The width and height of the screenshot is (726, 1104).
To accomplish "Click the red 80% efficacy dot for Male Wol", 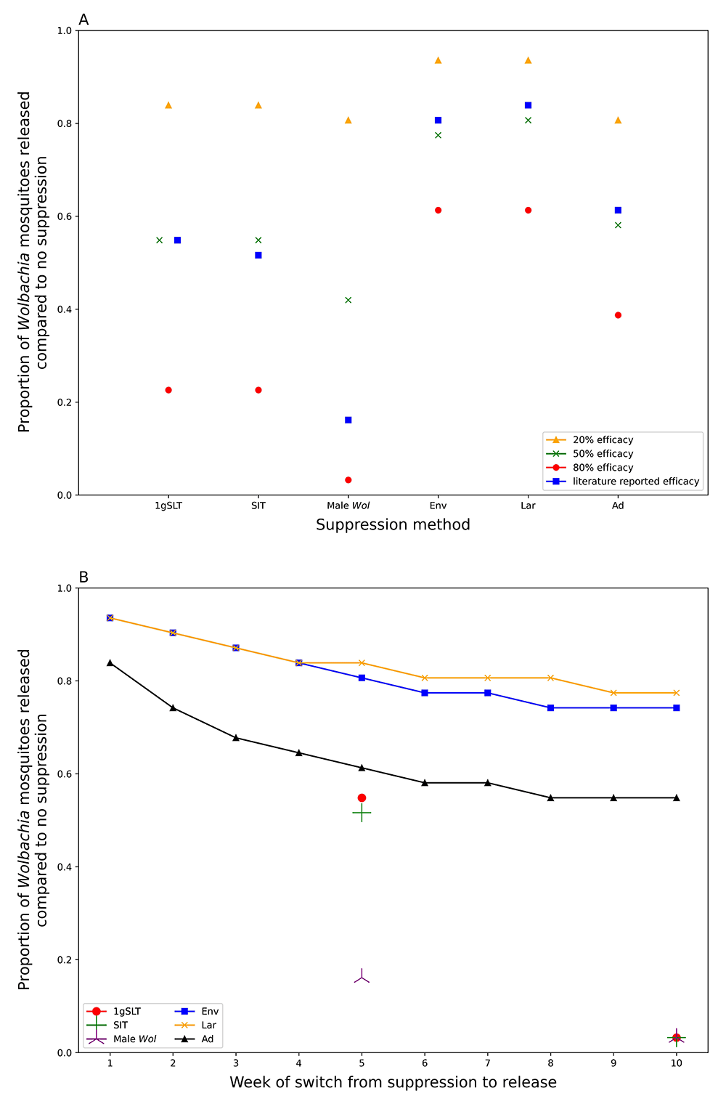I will coord(348,480).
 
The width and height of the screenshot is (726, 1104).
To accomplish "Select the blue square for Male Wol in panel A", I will coord(348,420).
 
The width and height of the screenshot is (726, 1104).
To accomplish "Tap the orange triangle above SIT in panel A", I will coord(258,105).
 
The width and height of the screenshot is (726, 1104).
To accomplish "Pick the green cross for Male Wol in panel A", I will coord(348,300).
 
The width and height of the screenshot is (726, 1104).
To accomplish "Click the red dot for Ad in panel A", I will coord(618,315).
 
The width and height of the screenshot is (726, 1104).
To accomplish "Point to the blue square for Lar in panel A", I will coord(528,105).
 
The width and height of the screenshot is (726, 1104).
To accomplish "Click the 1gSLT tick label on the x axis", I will coord(168,506).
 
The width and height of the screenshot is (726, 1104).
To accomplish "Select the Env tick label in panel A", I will coord(438,506).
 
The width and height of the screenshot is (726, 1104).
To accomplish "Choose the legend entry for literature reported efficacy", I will coord(635,482).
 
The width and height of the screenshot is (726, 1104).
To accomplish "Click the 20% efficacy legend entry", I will coord(603,440).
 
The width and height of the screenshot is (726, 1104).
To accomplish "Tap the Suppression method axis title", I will coord(393,525).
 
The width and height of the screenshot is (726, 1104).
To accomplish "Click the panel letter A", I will coord(83,20).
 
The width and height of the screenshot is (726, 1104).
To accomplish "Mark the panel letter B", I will coord(83,577).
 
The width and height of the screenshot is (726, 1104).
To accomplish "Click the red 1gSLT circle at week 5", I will coord(362,798).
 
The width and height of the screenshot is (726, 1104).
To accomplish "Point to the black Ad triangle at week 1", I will coord(110,662).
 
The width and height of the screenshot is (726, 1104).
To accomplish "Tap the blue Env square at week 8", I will coord(550,707).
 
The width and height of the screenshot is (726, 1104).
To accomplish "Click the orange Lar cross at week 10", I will coord(677,693).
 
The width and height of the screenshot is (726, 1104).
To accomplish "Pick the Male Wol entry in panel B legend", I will coord(134,1039).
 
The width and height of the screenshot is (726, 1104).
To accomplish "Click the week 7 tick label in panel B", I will coord(488,1063).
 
